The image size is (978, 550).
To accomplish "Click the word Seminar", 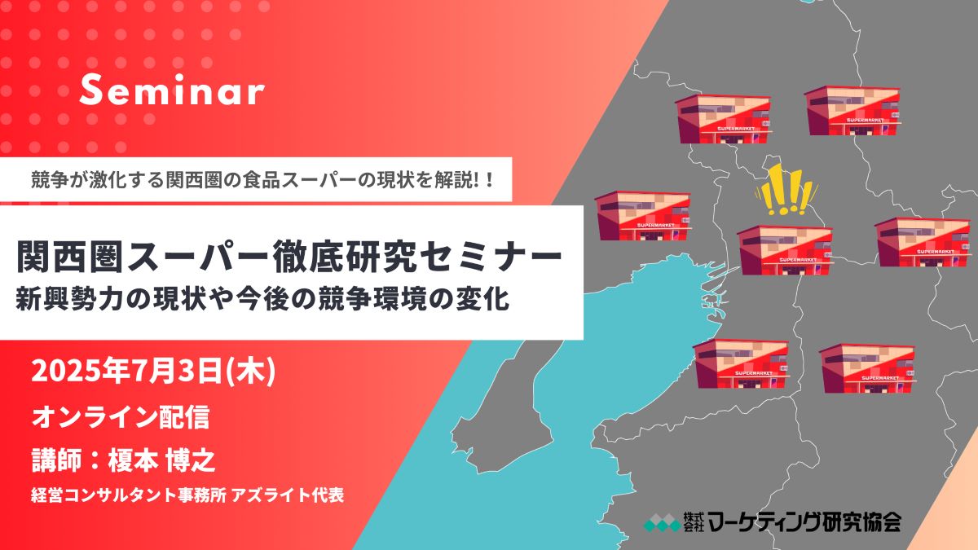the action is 172,90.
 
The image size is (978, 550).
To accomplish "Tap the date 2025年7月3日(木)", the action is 153,371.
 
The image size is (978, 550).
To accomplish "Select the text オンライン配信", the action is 121,417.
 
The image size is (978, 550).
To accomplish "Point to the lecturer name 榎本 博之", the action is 162,460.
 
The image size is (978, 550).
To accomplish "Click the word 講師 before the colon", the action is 56,460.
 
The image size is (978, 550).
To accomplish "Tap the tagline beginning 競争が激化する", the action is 262,180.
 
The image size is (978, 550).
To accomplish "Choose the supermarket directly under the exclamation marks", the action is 785,250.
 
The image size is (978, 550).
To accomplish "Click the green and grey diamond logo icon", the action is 663,522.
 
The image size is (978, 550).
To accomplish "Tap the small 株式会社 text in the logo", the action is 694,521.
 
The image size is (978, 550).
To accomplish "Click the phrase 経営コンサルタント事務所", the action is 129,495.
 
